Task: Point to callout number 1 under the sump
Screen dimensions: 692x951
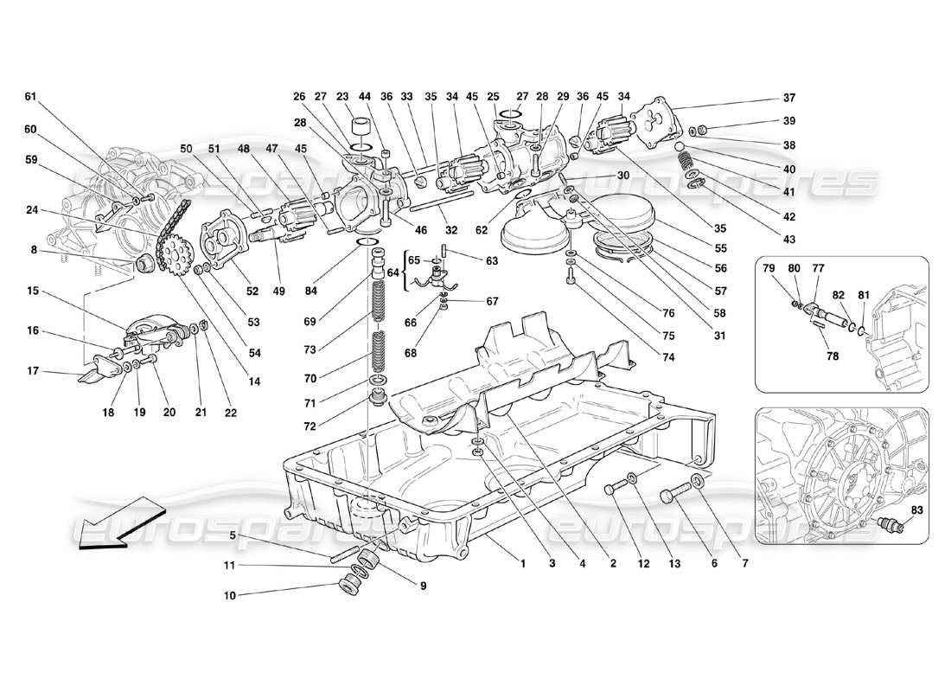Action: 523,563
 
